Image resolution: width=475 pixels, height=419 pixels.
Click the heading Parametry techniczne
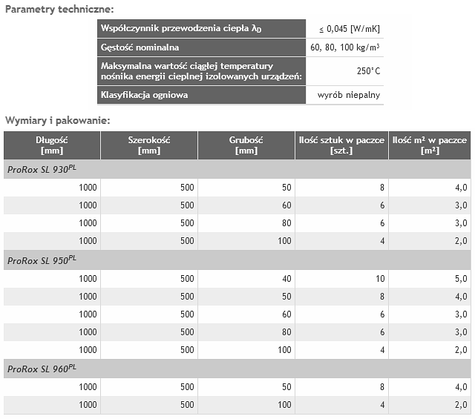(59, 9)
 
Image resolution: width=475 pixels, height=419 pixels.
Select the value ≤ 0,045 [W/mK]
(350, 29)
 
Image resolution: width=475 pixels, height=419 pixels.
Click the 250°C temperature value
(368, 71)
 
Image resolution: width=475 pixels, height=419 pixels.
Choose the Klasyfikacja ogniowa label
(144, 95)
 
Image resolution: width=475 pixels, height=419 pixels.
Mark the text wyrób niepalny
(350, 95)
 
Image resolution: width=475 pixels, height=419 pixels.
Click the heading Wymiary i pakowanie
(57, 119)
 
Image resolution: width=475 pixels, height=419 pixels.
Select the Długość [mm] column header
(52, 145)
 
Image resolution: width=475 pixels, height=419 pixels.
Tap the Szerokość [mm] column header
(149, 145)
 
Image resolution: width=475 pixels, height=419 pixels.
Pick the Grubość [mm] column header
(246, 145)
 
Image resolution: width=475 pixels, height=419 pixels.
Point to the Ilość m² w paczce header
(430, 145)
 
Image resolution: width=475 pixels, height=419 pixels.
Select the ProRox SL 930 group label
(42, 169)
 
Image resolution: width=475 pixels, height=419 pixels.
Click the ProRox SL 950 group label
(42, 260)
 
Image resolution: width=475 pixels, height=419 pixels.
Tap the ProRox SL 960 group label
(42, 369)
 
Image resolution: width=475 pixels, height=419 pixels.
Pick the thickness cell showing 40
(286, 279)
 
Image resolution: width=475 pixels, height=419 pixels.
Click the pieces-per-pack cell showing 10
(379, 279)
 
